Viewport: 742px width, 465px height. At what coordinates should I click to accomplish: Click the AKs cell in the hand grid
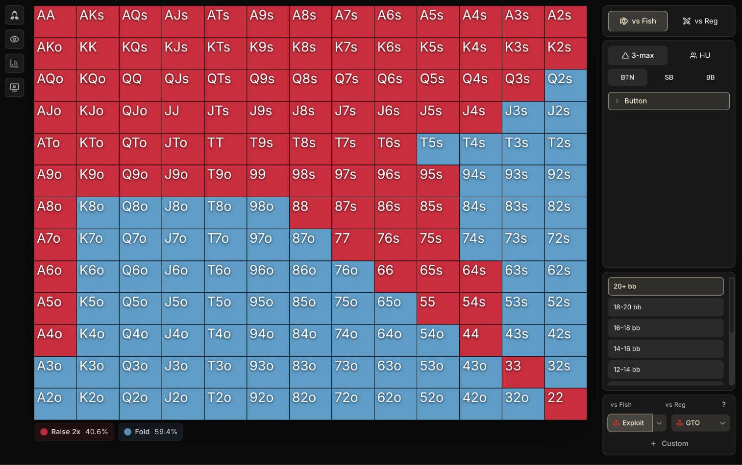coord(98,22)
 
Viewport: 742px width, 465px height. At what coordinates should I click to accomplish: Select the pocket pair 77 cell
coord(353,245)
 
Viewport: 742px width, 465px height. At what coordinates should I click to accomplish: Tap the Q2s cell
coord(566,85)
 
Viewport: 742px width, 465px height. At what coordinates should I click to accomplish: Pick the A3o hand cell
coord(55,372)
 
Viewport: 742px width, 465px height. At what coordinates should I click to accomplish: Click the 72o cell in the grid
coord(353,404)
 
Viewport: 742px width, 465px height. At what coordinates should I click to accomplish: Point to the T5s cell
coord(438,149)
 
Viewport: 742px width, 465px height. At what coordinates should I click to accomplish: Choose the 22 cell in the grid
coord(566,404)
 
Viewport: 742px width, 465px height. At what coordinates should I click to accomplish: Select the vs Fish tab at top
coord(637,21)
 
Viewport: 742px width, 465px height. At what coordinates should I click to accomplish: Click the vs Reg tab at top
coord(700,21)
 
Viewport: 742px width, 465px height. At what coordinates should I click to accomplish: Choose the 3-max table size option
coord(637,55)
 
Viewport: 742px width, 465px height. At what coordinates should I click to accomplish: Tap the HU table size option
coord(700,55)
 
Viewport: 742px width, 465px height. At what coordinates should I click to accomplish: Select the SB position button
coord(668,77)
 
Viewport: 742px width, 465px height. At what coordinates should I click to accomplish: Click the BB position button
coord(710,77)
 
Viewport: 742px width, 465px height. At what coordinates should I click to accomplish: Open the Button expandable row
coord(668,101)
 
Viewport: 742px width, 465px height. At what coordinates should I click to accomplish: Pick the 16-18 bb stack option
coord(665,328)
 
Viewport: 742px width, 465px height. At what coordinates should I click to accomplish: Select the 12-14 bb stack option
coord(665,370)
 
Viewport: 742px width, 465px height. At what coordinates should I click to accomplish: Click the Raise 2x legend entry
coord(74,432)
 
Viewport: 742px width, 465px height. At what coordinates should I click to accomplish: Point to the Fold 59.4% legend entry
coord(150,432)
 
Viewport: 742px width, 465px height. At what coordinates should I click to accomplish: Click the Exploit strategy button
coord(630,423)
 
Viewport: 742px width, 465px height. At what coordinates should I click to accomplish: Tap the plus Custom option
coord(669,443)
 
